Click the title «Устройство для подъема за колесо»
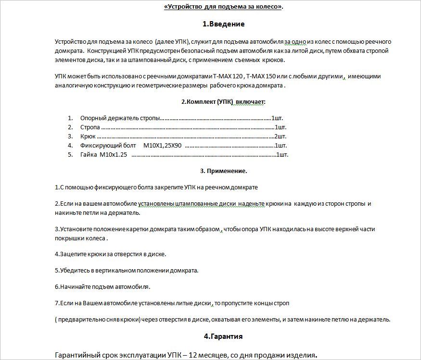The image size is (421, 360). click(x=224, y=7)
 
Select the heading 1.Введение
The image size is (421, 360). click(x=223, y=24)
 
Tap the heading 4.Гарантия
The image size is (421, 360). click(x=223, y=336)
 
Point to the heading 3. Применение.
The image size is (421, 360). click(x=223, y=171)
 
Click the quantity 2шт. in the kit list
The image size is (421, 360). click(x=280, y=136)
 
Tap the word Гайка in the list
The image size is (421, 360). click(x=89, y=154)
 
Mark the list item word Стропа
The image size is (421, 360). click(x=90, y=127)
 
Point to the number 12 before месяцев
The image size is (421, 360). click(x=191, y=355)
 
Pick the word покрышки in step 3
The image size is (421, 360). click(x=69, y=238)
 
